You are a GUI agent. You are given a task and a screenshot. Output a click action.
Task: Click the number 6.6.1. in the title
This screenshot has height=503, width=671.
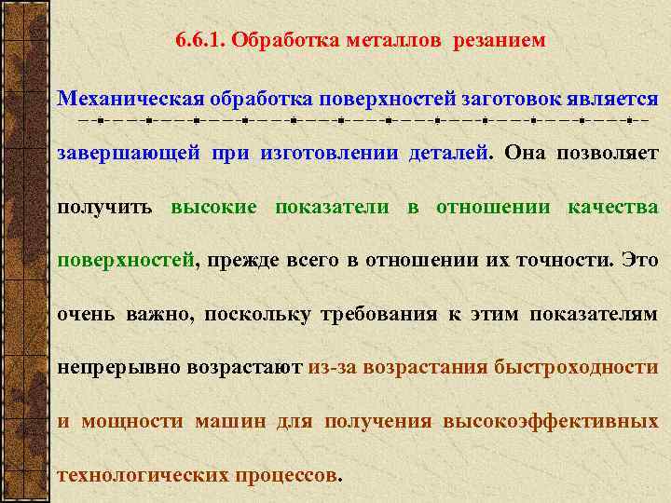pos(199,41)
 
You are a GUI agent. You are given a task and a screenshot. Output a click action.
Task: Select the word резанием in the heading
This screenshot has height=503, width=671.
pos(500,41)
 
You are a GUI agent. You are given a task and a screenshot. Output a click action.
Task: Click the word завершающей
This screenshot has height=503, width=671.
pos(129,153)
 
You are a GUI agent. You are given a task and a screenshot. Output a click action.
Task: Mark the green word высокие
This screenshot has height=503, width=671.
pos(213,207)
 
